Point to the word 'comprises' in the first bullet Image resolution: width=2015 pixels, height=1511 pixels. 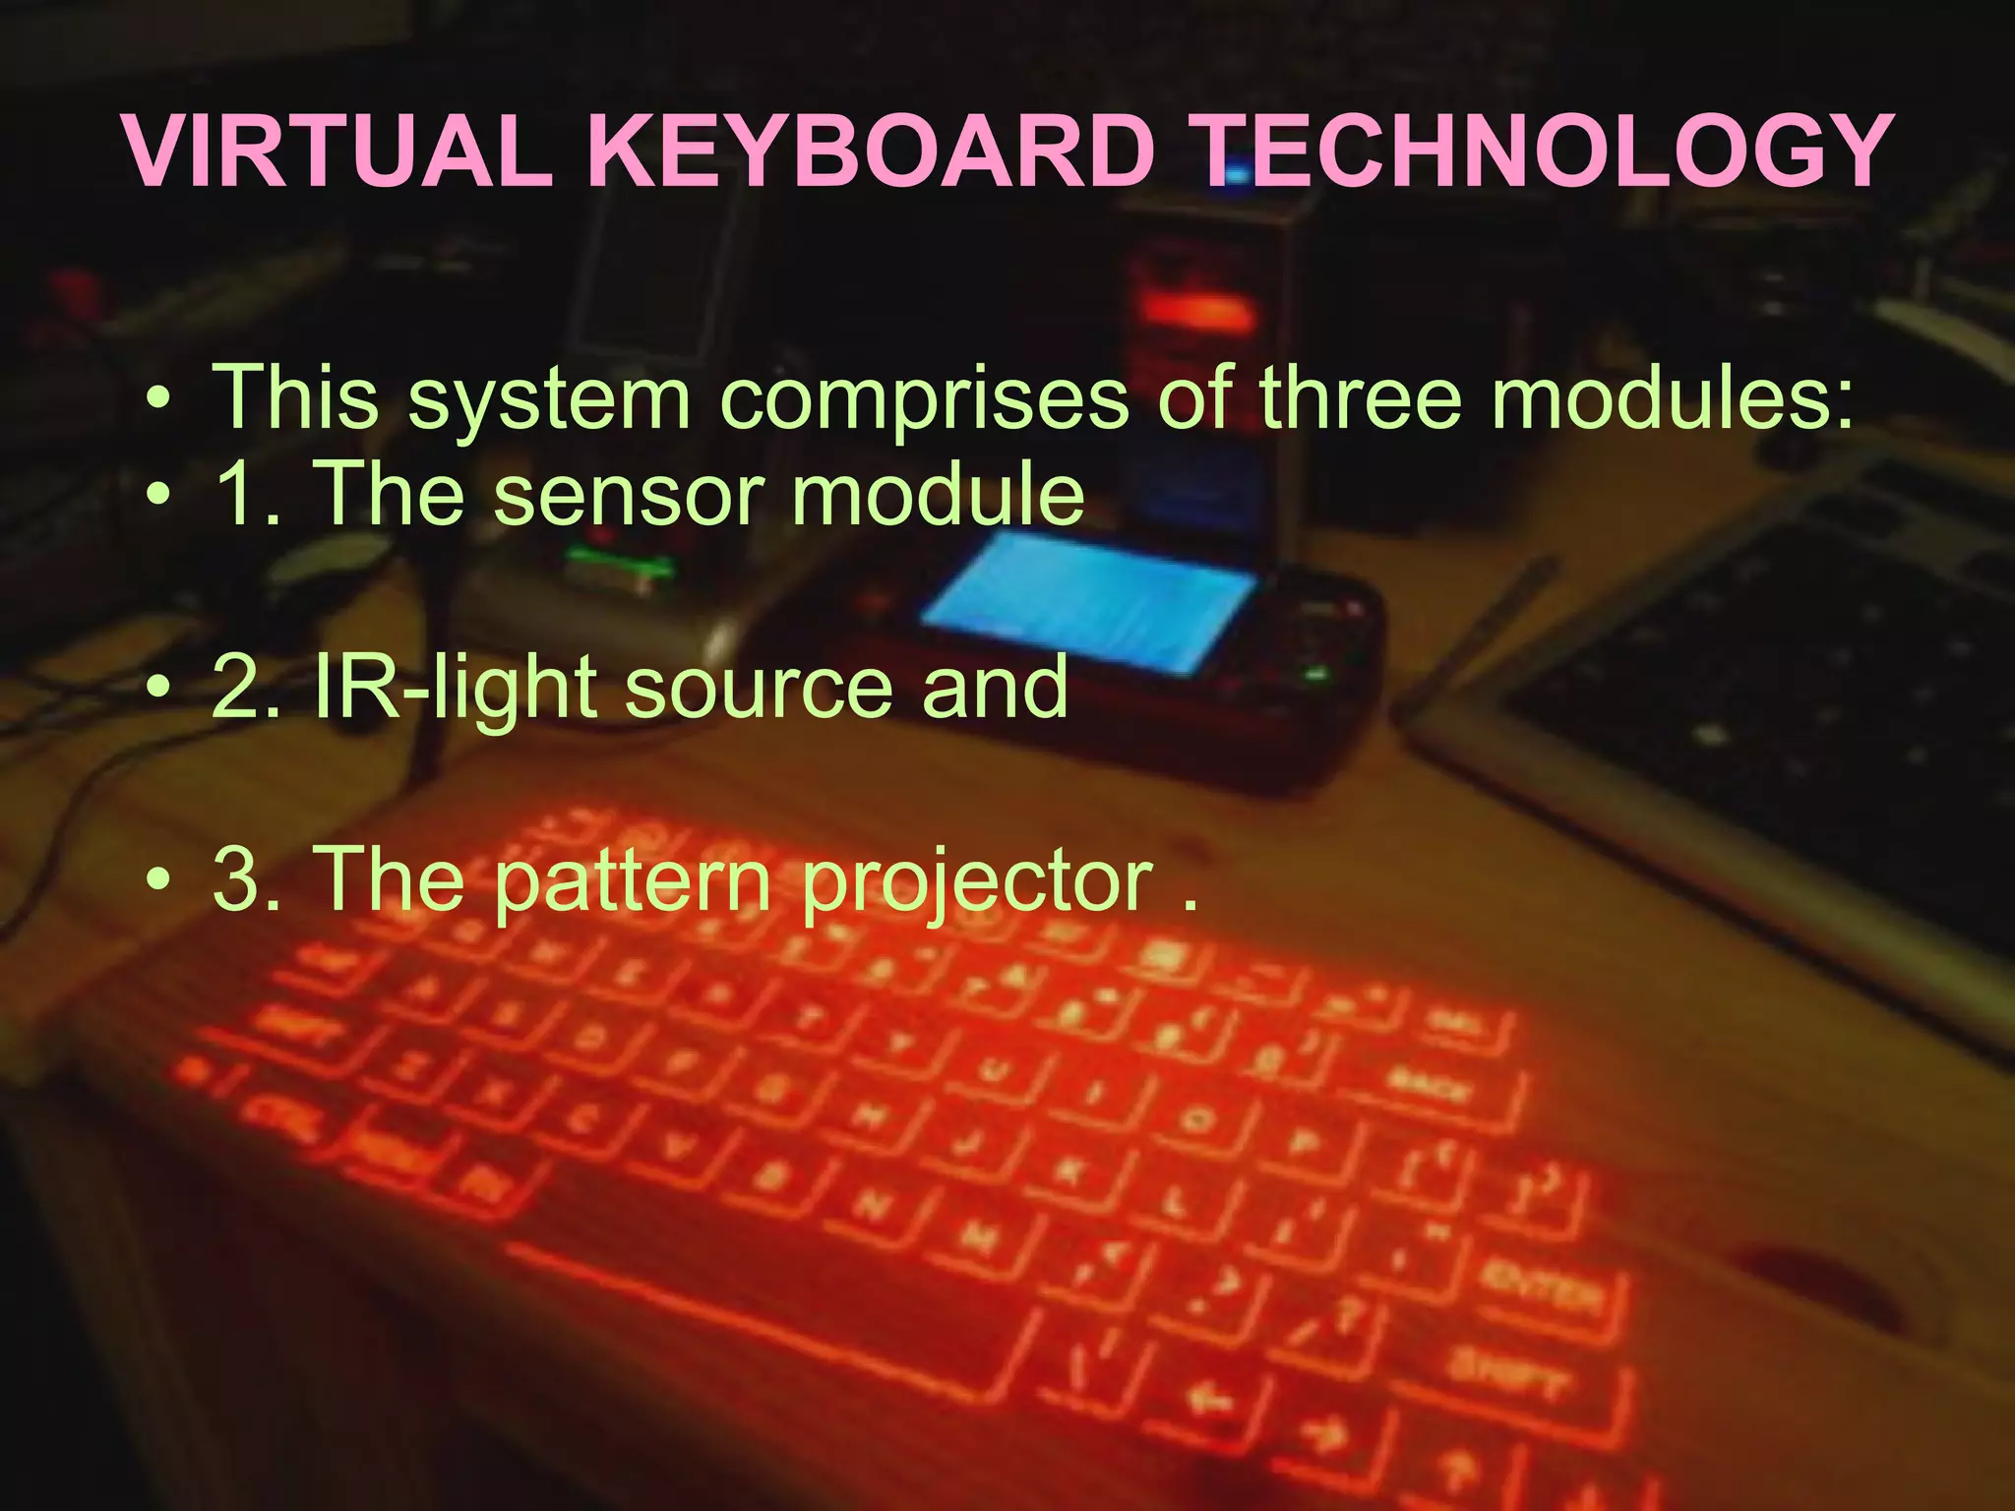pos(925,398)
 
